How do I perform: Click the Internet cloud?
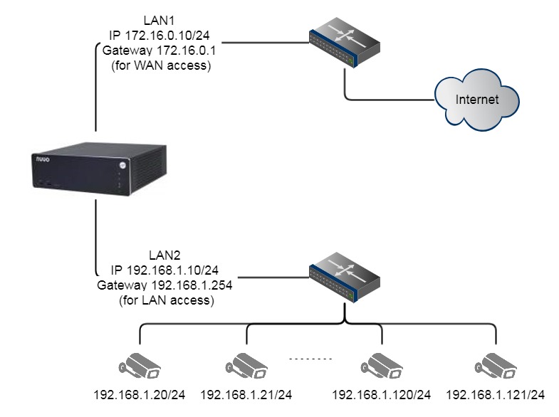(x=476, y=100)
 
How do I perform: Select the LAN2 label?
(x=163, y=255)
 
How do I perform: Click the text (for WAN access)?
(x=163, y=65)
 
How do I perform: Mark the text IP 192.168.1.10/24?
(x=163, y=270)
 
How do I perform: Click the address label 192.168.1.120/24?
(x=382, y=394)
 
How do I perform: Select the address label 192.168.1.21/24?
(x=246, y=394)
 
